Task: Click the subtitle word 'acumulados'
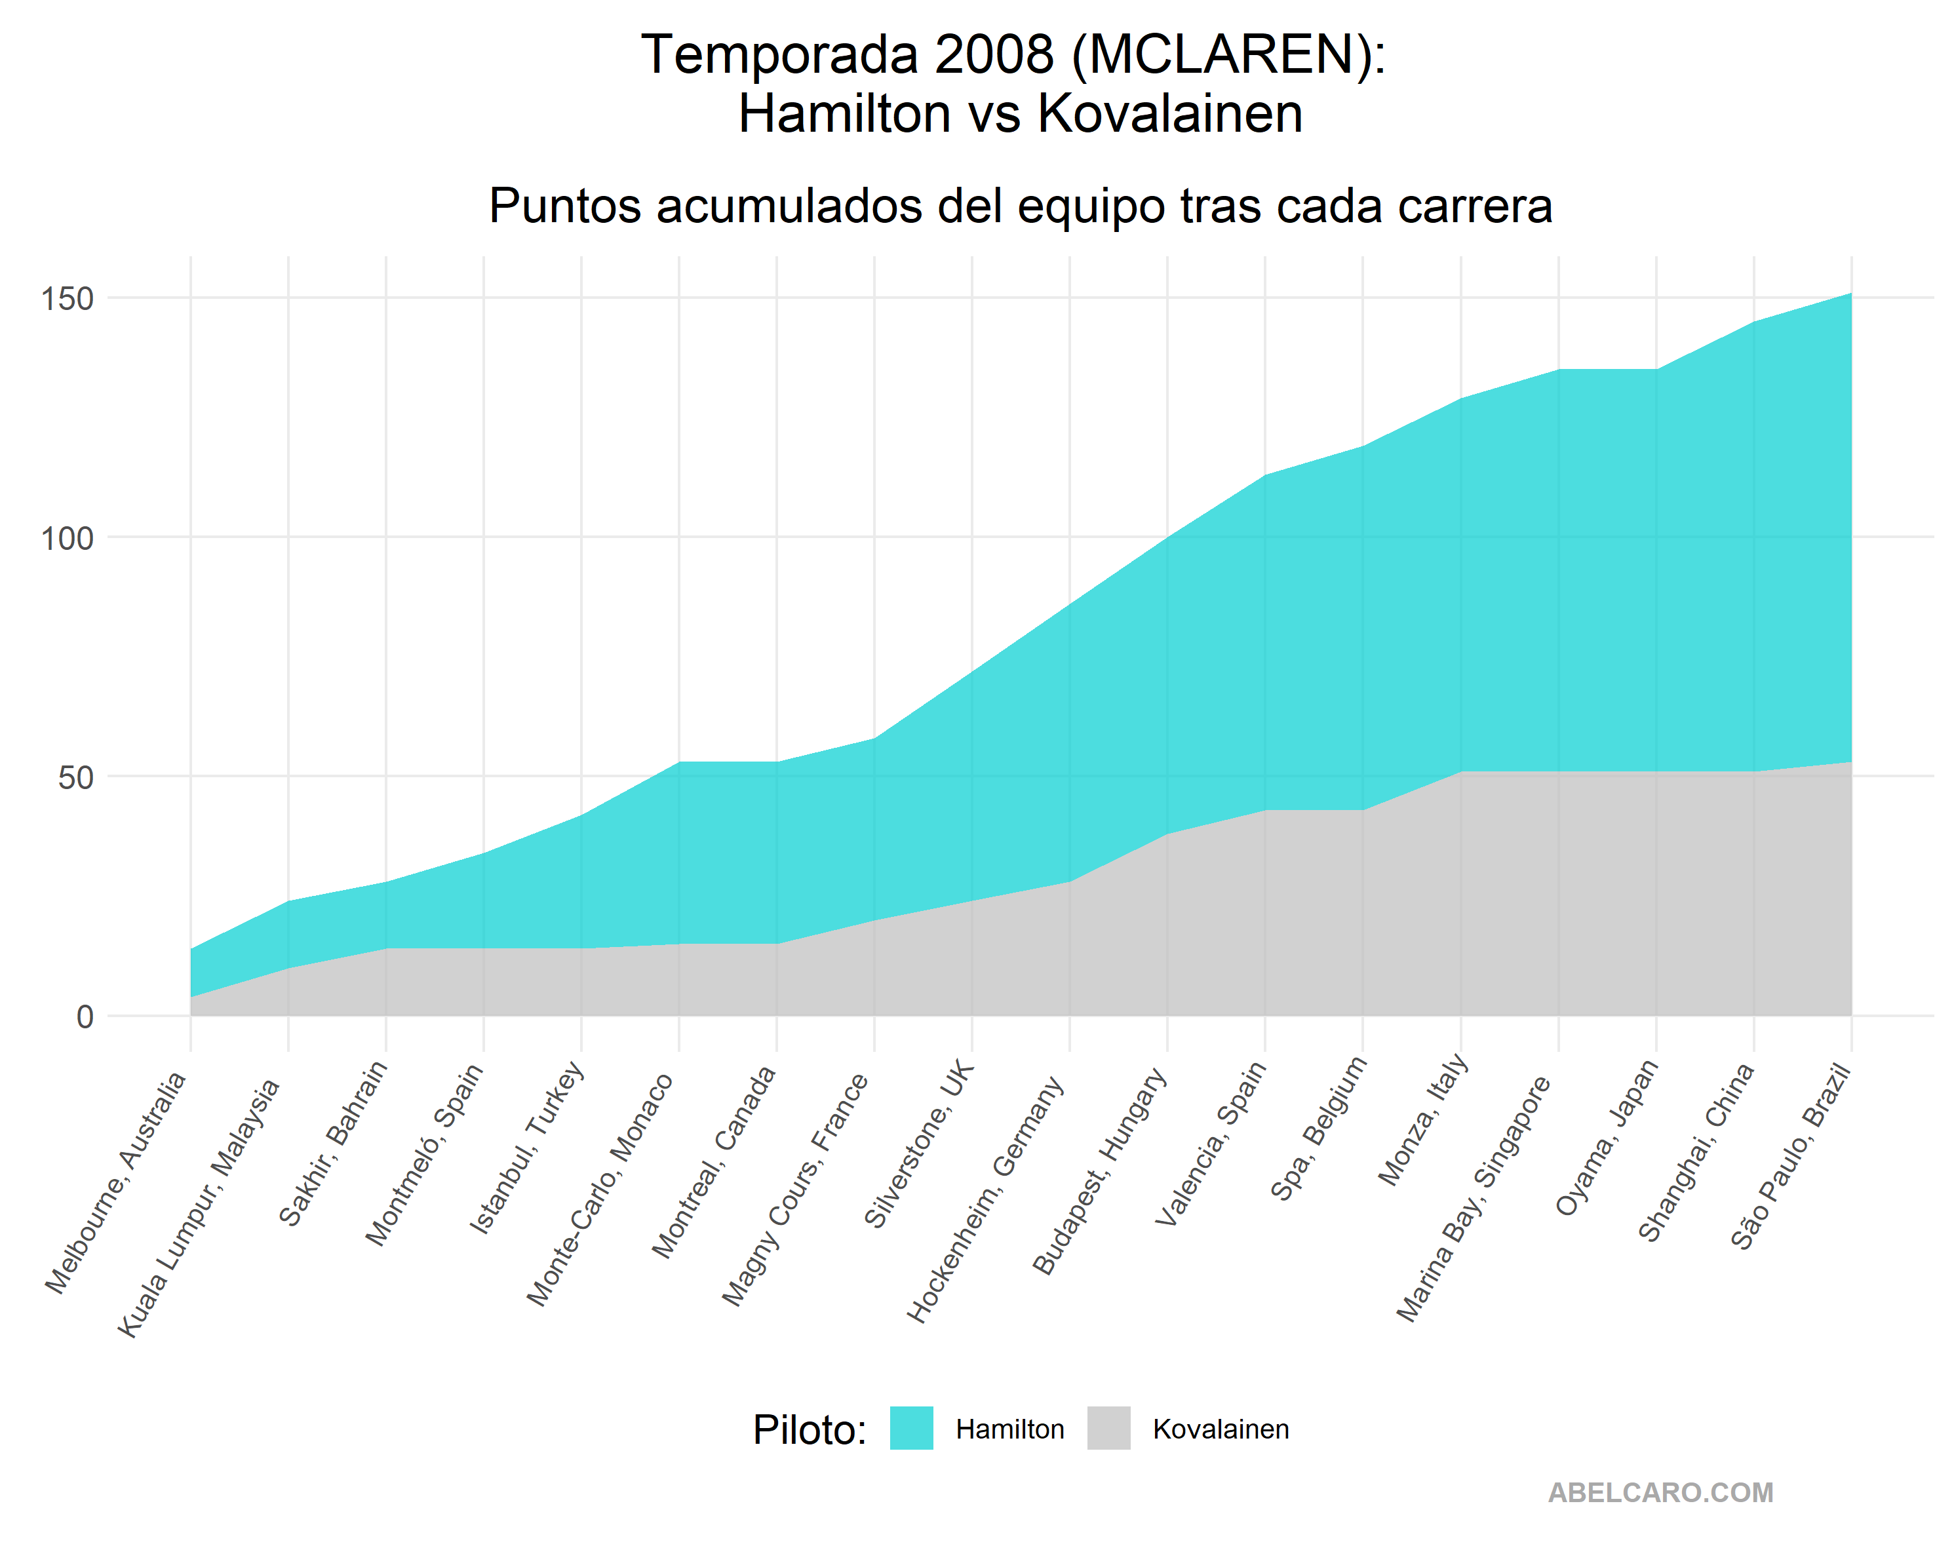coord(790,206)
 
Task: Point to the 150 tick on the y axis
coord(68,299)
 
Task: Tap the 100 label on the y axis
coord(68,539)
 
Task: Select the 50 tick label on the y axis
coord(76,778)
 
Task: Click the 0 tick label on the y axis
coord(85,1016)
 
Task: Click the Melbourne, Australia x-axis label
coord(117,1183)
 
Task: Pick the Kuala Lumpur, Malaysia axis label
coord(199,1208)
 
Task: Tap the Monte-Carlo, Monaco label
coord(600,1189)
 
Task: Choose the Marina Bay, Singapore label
coord(1474,1198)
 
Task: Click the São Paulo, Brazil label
coord(1791,1156)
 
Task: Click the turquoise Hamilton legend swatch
coord(911,1428)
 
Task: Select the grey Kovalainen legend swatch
coord(1108,1428)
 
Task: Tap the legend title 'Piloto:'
coord(810,1429)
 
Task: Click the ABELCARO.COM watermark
coord(1660,1492)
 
